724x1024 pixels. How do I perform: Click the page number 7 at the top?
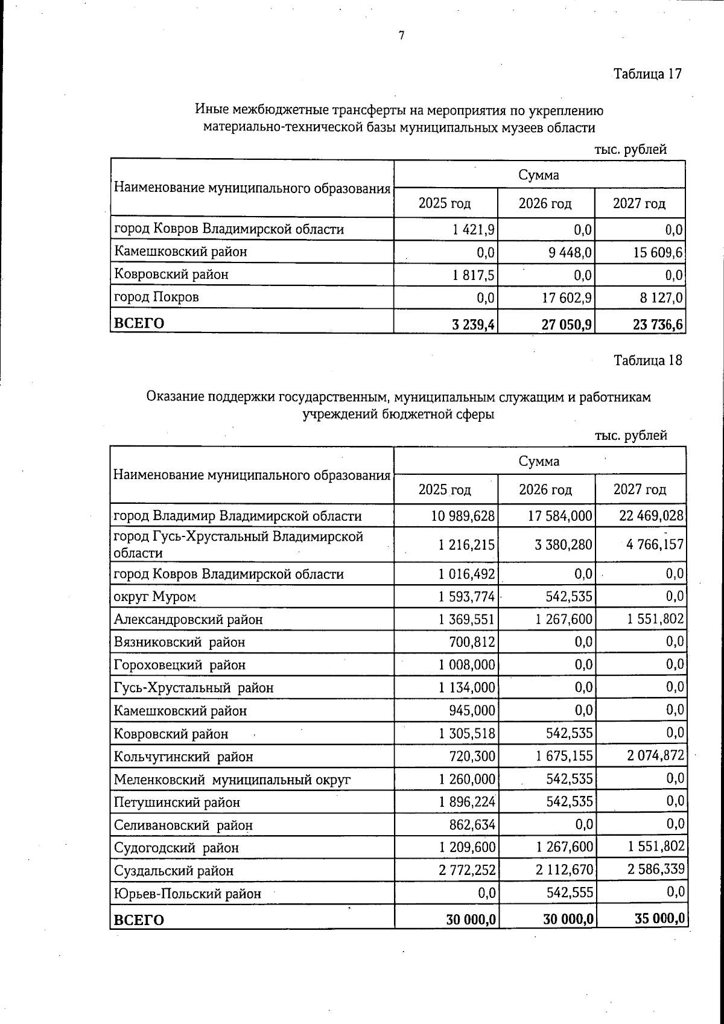point(401,36)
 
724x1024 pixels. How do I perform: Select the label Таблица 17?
point(647,74)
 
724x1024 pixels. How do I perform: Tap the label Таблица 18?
point(647,361)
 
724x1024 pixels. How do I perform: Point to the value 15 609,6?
point(658,252)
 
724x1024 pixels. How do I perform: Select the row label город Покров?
point(156,297)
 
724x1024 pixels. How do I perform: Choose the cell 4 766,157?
point(655,545)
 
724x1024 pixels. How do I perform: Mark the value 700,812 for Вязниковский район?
point(472,642)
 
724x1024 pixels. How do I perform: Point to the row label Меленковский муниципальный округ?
point(232,780)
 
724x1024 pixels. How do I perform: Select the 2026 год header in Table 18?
point(545,490)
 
